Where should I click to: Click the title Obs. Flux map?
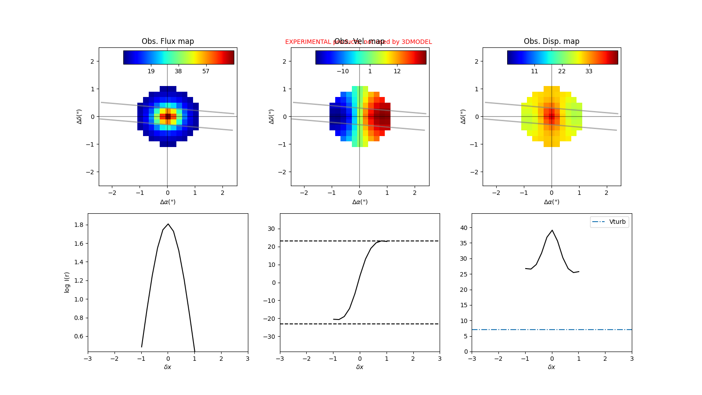pyautogui.click(x=168, y=41)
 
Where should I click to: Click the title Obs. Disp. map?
pyautogui.click(x=552, y=41)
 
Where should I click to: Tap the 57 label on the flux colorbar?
pyautogui.click(x=206, y=71)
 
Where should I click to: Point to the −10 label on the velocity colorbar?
pyautogui.click(x=343, y=71)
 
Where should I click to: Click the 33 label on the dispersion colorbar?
pyautogui.click(x=589, y=71)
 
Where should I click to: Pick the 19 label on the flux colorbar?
pyautogui.click(x=151, y=71)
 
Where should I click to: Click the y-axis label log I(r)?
pyautogui.click(x=67, y=282)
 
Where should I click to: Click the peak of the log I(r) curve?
pyautogui.click(x=168, y=224)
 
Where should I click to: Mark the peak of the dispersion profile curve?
pyautogui.click(x=552, y=230)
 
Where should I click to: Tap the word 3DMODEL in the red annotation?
pyautogui.click(x=416, y=42)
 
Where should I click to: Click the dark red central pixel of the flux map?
pyautogui.click(x=168, y=116)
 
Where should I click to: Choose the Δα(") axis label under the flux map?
pyautogui.click(x=168, y=202)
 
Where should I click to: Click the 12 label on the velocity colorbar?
pyautogui.click(x=397, y=71)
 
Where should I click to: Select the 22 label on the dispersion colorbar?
pyautogui.click(x=562, y=71)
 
